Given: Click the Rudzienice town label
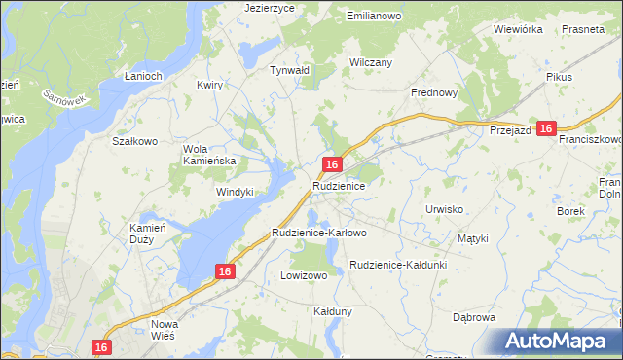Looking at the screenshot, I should coord(339,185).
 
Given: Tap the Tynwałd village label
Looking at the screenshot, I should coord(289,70).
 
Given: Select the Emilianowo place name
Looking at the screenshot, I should coord(376,17).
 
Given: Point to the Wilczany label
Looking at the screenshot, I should coord(370,62).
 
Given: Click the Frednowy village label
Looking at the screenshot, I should coord(433,92).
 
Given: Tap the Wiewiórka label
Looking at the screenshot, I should coord(518,29).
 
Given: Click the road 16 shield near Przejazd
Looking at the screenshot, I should coord(546,128).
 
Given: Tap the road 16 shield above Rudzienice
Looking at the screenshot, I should coord(333,165).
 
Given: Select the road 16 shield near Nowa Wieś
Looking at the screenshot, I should coord(101,346).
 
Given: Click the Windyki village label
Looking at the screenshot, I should coord(235,192).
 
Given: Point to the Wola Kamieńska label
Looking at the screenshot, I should coord(210,155).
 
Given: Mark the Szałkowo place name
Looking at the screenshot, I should coord(135,141).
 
